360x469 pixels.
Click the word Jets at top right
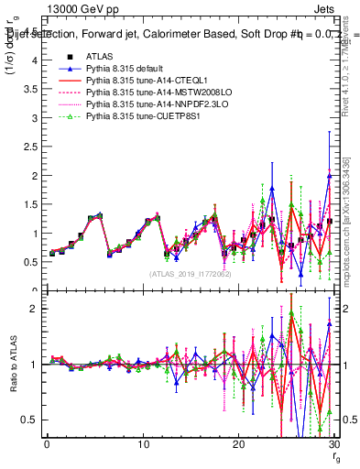pyautogui.click(x=327, y=8)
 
